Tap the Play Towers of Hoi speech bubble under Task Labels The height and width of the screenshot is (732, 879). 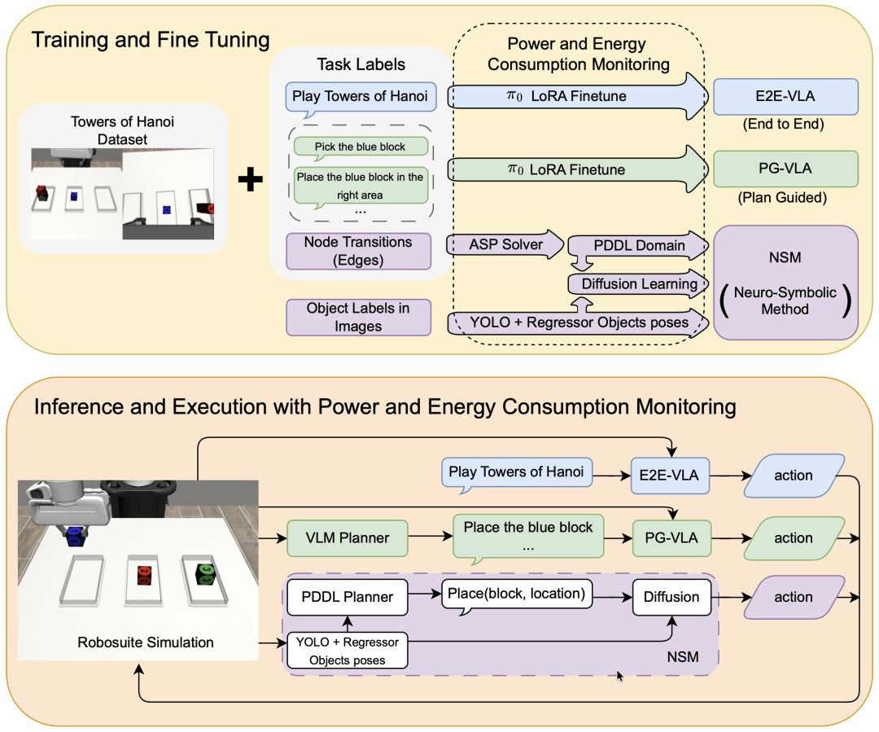coord(362,96)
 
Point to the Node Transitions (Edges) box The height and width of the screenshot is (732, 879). coord(358,251)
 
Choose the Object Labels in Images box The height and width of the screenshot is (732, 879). coord(358,317)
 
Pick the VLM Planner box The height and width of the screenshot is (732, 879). coord(348,537)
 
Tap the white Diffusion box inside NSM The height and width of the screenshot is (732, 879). coord(671,597)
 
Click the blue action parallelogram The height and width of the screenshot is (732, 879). coord(793,475)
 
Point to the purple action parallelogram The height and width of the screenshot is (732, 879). coord(793,597)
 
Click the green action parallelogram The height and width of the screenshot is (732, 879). coord(793,537)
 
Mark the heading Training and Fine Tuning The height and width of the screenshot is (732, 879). coord(151,39)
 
